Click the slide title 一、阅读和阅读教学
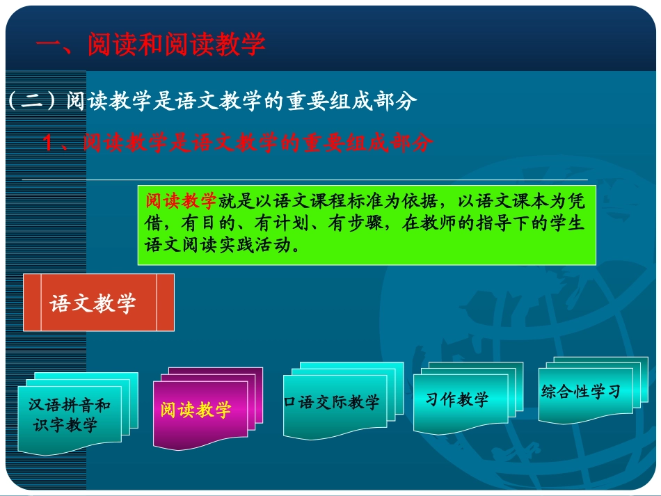coord(150,44)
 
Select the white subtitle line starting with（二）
coord(212,102)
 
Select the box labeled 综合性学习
coord(581,392)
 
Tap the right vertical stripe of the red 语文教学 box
coord(166,303)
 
